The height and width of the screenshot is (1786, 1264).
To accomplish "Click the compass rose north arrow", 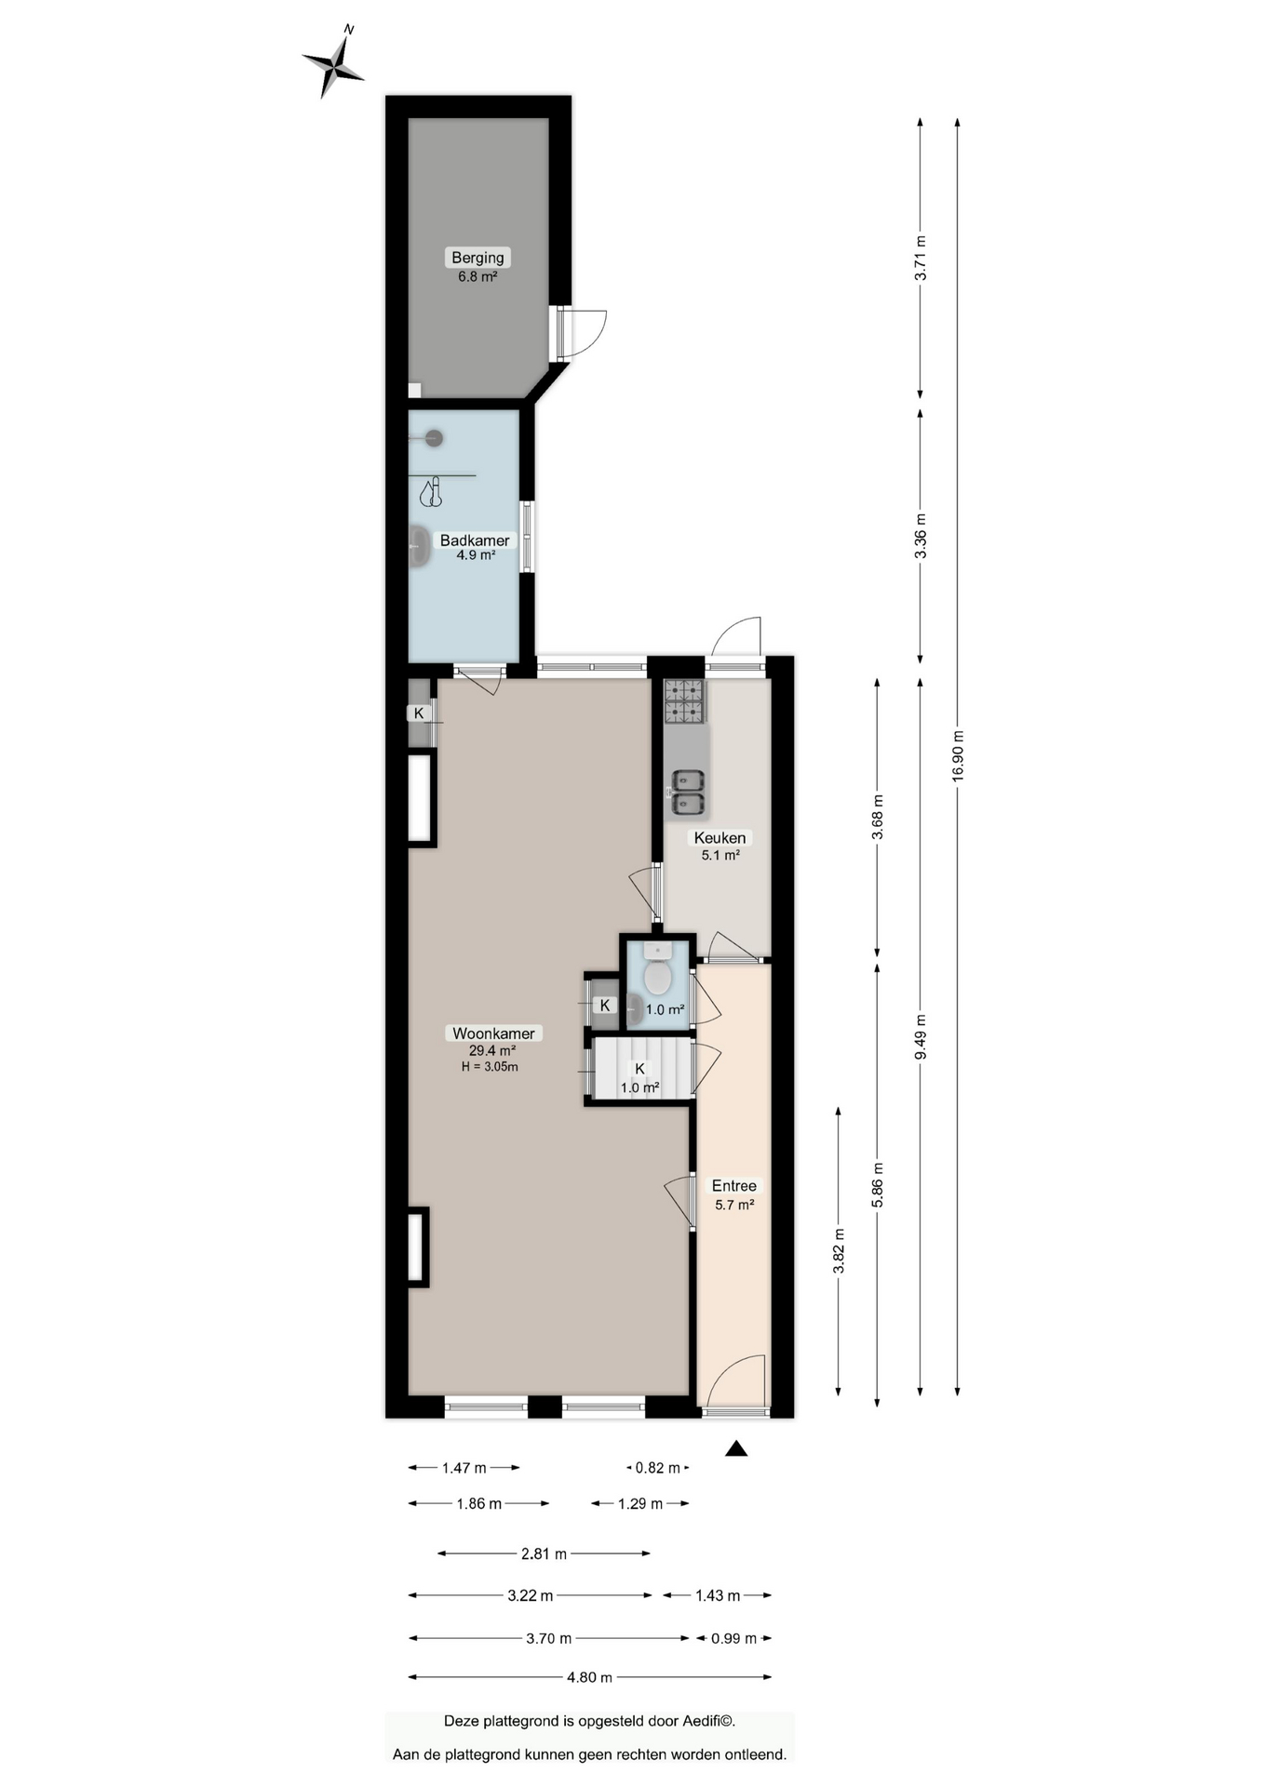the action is pyautogui.click(x=332, y=63).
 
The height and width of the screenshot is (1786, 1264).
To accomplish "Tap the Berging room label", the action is pyautogui.click(x=477, y=258).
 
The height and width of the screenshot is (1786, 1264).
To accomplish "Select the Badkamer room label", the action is pyautogui.click(x=475, y=540).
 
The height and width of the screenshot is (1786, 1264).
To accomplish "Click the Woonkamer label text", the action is pyautogui.click(x=493, y=1033).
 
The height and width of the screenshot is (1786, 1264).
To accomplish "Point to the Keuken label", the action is pyautogui.click(x=719, y=838).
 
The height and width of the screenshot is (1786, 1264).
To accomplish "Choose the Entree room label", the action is pyautogui.click(x=733, y=1186).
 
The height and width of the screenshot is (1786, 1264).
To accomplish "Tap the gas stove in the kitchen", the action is pyautogui.click(x=684, y=701).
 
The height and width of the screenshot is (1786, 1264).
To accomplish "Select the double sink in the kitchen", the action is pyautogui.click(x=688, y=793).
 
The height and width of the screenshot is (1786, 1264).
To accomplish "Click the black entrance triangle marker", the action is pyautogui.click(x=736, y=1448).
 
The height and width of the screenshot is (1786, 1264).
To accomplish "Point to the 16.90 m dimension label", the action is pyautogui.click(x=958, y=757).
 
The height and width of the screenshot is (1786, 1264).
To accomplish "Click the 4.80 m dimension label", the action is pyautogui.click(x=590, y=1677).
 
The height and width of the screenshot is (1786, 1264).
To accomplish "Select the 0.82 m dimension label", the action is pyautogui.click(x=657, y=1468).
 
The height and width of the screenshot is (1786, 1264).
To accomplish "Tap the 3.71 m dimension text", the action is pyautogui.click(x=921, y=259).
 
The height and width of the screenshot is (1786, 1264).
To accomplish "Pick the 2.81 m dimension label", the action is pyautogui.click(x=544, y=1553).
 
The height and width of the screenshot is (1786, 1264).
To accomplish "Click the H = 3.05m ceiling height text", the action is pyautogui.click(x=490, y=1067).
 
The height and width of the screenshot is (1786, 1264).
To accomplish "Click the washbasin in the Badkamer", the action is pyautogui.click(x=421, y=546).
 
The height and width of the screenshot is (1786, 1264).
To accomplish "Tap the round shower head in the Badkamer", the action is pyautogui.click(x=434, y=438).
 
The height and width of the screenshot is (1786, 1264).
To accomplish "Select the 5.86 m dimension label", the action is pyautogui.click(x=877, y=1186).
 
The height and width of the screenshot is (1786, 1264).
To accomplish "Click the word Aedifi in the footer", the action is pyautogui.click(x=706, y=1721).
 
